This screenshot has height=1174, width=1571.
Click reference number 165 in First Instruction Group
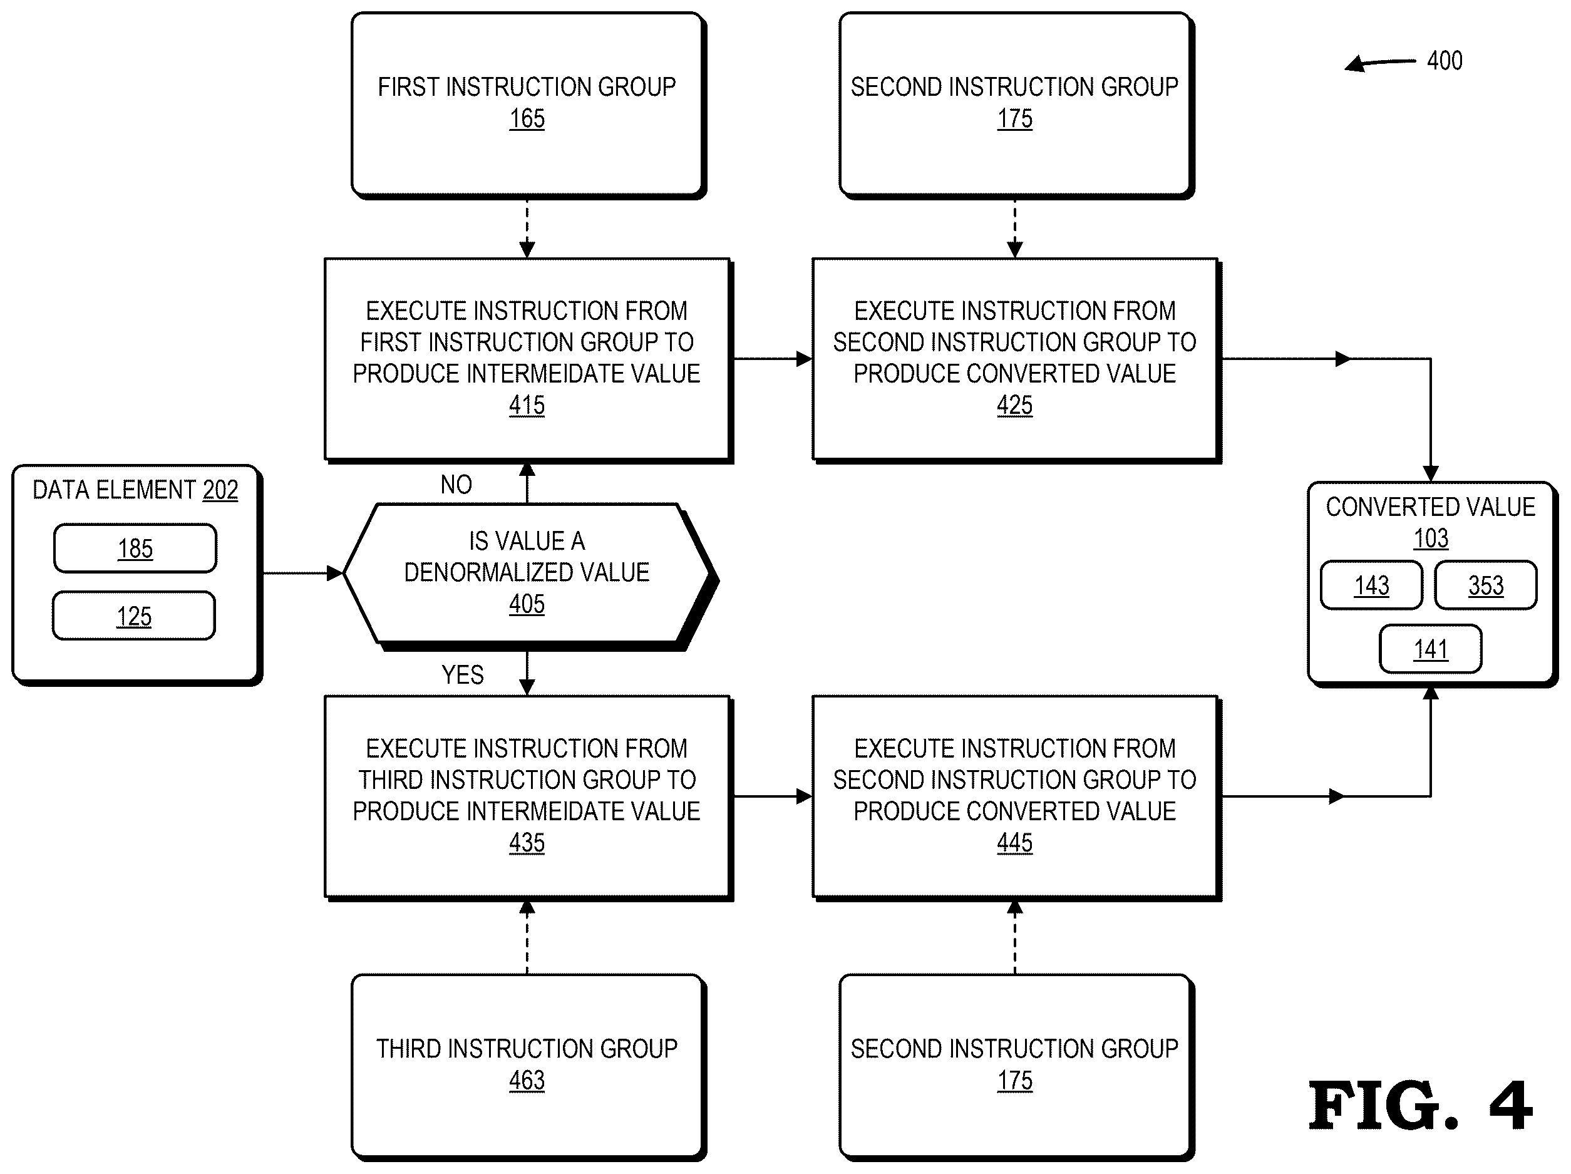tap(526, 118)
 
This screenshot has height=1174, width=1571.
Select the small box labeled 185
tap(135, 548)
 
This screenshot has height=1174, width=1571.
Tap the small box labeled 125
tap(134, 615)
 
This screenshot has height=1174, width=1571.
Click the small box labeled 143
tap(1371, 585)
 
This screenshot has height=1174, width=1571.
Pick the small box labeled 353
tap(1486, 585)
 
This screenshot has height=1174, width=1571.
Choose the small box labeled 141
tap(1430, 649)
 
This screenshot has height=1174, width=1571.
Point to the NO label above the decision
tap(456, 485)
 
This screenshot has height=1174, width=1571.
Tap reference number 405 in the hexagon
tap(526, 604)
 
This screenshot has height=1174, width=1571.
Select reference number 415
tap(526, 406)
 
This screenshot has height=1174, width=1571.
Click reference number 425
tap(1014, 406)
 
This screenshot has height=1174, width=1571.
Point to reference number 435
tap(526, 843)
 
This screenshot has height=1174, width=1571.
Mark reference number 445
tap(1014, 843)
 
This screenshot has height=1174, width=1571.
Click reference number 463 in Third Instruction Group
tap(526, 1080)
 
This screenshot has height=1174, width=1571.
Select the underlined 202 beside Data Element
tap(220, 490)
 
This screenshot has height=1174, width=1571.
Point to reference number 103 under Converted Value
tap(1430, 538)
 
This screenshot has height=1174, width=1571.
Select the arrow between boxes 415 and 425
tap(772, 359)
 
